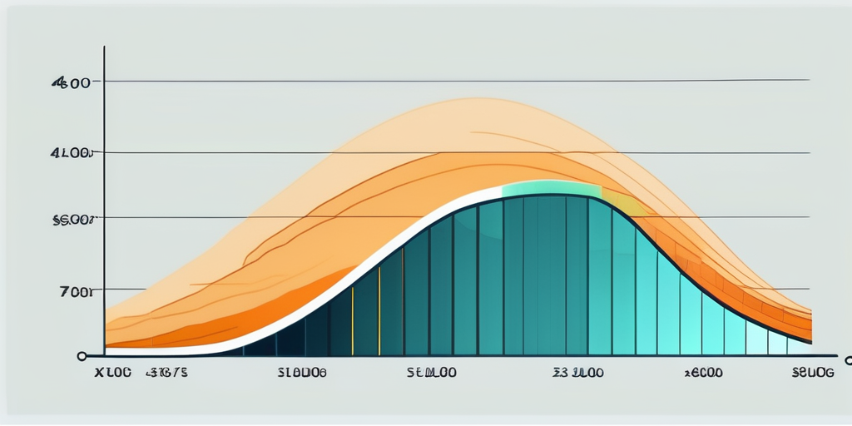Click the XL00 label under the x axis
[x=112, y=374]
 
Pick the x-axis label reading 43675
[x=167, y=374]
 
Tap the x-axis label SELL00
[x=430, y=374]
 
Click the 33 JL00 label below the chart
[x=577, y=374]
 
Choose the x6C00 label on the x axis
[x=702, y=374]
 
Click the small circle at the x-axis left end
[x=82, y=356]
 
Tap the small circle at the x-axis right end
[x=848, y=360]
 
